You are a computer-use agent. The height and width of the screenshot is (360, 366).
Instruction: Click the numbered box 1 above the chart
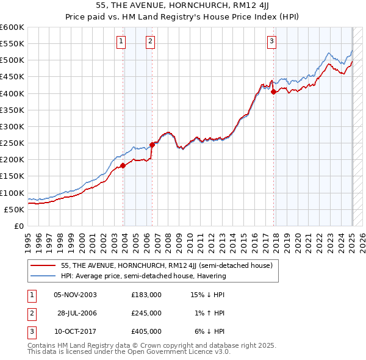click(121, 41)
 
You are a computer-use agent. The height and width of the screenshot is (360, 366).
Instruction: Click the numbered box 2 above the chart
click(150, 41)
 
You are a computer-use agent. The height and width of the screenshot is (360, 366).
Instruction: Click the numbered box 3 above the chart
click(271, 41)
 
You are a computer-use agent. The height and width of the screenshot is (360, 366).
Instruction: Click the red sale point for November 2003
click(123, 165)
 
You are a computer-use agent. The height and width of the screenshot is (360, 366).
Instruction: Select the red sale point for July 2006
click(152, 144)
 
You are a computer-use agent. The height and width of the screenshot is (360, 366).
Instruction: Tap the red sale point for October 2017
click(274, 92)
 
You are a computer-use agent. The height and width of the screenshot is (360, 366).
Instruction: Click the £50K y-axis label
click(15, 209)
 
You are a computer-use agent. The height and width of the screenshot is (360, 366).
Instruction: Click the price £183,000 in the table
click(146, 294)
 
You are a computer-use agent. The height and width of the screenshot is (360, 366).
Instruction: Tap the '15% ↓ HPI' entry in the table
click(207, 294)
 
